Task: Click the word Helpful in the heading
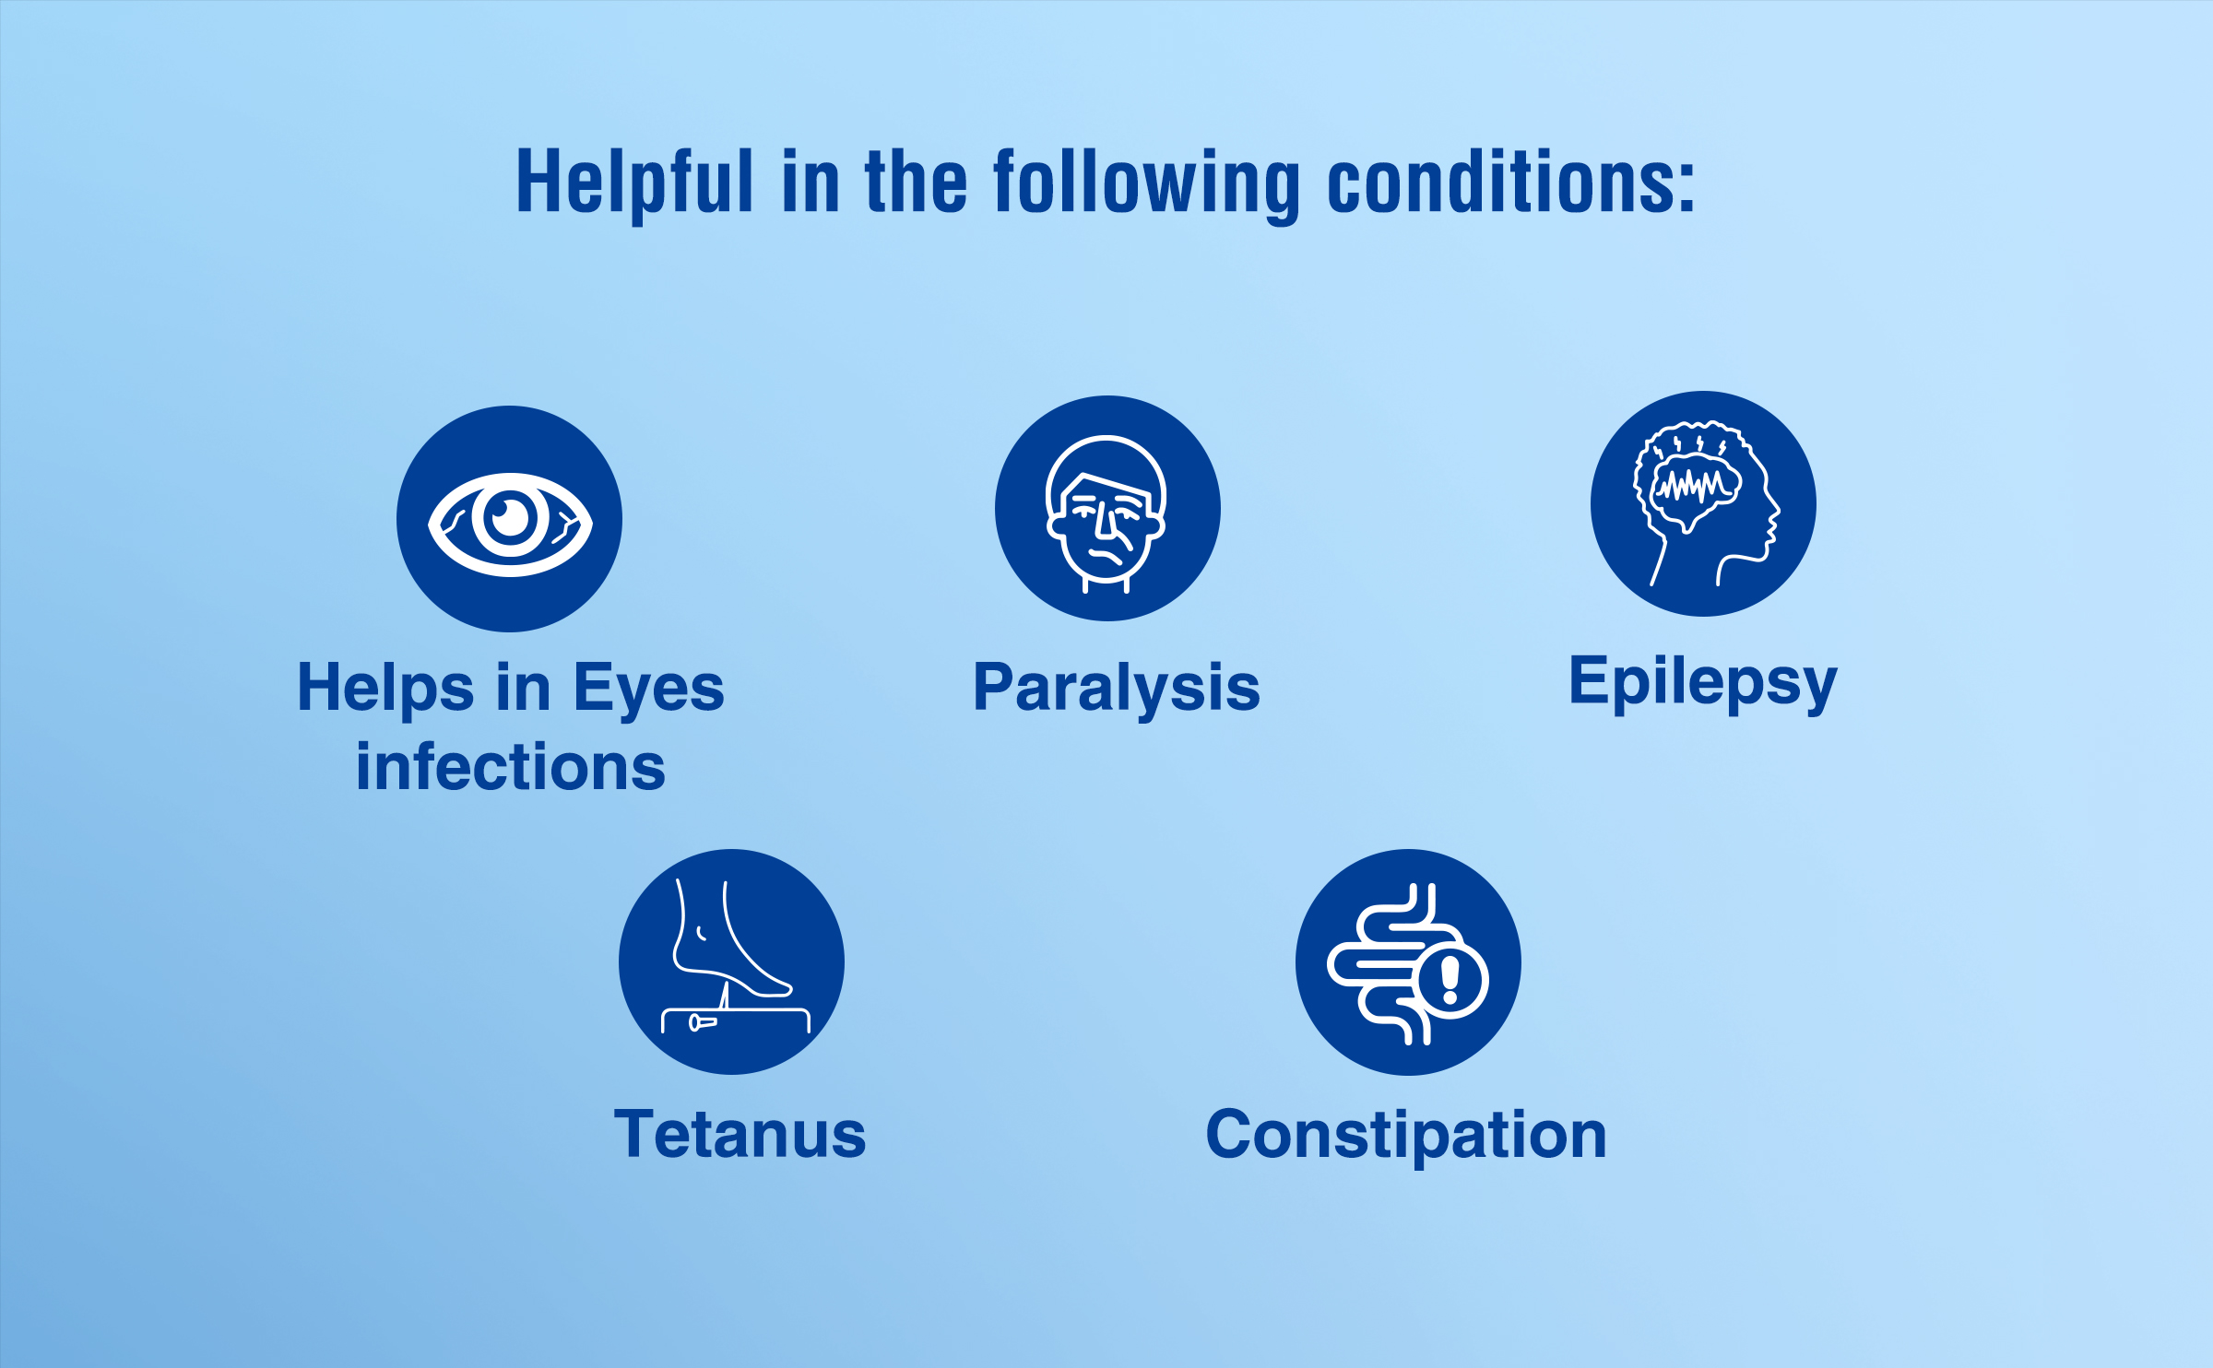coord(634,185)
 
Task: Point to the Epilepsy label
coord(1703,684)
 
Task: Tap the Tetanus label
coord(740,1134)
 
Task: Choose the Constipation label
coord(1406,1137)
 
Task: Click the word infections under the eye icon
coord(511,767)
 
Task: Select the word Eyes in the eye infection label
coord(649,690)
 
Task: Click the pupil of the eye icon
coord(510,517)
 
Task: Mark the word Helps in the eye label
coord(386,690)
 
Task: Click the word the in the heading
coord(916,182)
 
